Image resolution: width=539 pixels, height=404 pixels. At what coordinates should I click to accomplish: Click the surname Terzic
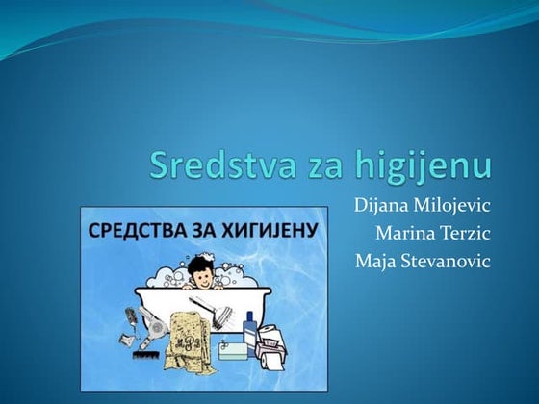tap(466, 232)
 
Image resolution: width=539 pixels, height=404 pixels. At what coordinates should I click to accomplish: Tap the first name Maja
tap(376, 260)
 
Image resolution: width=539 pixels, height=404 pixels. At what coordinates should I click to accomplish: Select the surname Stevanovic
tap(448, 260)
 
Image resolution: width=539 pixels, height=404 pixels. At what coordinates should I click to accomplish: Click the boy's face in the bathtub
tap(201, 271)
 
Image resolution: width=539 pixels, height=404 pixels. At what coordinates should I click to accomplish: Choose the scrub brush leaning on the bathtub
tap(205, 308)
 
